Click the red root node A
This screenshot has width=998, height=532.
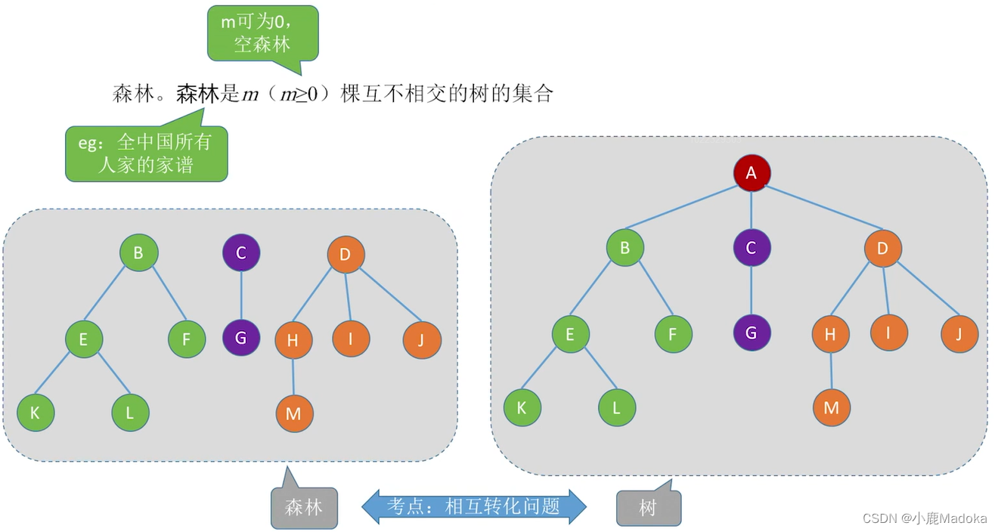[x=752, y=173]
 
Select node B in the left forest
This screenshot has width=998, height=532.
[x=138, y=252]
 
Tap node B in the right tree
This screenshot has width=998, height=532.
[x=625, y=247]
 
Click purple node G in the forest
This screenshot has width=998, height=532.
[x=241, y=338]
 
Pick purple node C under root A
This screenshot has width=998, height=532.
[x=751, y=247]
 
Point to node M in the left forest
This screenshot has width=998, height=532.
[x=294, y=413]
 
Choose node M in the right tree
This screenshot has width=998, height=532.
[x=831, y=408]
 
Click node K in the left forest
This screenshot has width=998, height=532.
[x=36, y=413]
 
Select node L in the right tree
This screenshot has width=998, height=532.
[x=616, y=408]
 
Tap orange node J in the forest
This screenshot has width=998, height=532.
[x=422, y=340]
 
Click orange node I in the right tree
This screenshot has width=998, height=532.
[x=888, y=332]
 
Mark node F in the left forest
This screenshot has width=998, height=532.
[x=187, y=339]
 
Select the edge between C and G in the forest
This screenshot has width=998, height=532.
[x=241, y=295]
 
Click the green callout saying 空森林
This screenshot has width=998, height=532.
[x=262, y=33]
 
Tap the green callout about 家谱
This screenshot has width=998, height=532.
[x=146, y=153]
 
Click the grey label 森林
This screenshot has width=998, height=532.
[x=304, y=508]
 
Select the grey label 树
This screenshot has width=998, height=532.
[x=648, y=508]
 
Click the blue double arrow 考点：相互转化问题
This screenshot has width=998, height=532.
[x=474, y=506]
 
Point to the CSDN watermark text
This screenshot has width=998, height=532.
[x=924, y=518]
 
